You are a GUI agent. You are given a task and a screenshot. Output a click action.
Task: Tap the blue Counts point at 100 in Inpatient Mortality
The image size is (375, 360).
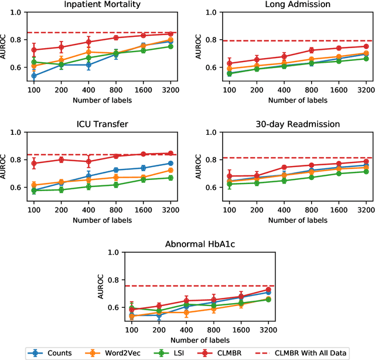[33, 76]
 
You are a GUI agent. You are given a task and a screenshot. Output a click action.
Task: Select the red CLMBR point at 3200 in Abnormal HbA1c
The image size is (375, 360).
[269, 289]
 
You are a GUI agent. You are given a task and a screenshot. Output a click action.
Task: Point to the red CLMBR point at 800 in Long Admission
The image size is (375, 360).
[311, 50]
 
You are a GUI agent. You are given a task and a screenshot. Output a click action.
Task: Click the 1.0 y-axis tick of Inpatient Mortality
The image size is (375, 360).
[16, 12]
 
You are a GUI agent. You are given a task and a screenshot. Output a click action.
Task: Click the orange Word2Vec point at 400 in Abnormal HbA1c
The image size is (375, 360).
[187, 313]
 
